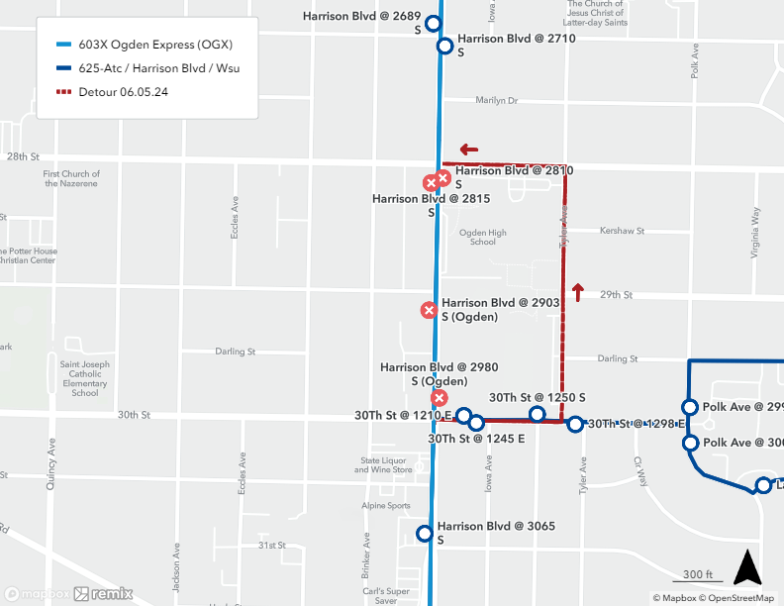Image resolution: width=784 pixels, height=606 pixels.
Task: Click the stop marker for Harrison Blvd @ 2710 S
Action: click(x=444, y=46)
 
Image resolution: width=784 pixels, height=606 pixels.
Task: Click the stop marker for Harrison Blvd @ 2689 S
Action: click(x=432, y=24)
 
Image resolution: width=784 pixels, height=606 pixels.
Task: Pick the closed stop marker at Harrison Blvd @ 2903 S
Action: click(x=429, y=310)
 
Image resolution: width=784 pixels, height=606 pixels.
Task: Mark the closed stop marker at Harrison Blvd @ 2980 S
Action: click(x=439, y=398)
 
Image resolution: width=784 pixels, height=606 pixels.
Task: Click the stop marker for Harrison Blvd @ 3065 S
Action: click(x=425, y=534)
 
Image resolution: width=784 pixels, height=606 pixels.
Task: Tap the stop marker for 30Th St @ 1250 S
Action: click(x=537, y=414)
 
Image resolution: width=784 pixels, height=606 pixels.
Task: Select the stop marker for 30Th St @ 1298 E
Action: click(x=575, y=425)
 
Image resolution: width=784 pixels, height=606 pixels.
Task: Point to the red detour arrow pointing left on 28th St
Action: click(x=468, y=151)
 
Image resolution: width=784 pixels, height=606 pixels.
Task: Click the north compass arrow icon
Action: click(x=746, y=568)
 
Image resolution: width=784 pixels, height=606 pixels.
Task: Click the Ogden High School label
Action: click(x=482, y=238)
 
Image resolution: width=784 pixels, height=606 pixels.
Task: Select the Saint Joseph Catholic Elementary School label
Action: click(x=85, y=377)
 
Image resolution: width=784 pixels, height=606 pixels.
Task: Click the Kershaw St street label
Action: click(x=622, y=231)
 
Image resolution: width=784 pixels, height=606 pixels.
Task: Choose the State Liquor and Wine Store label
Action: click(x=386, y=465)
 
